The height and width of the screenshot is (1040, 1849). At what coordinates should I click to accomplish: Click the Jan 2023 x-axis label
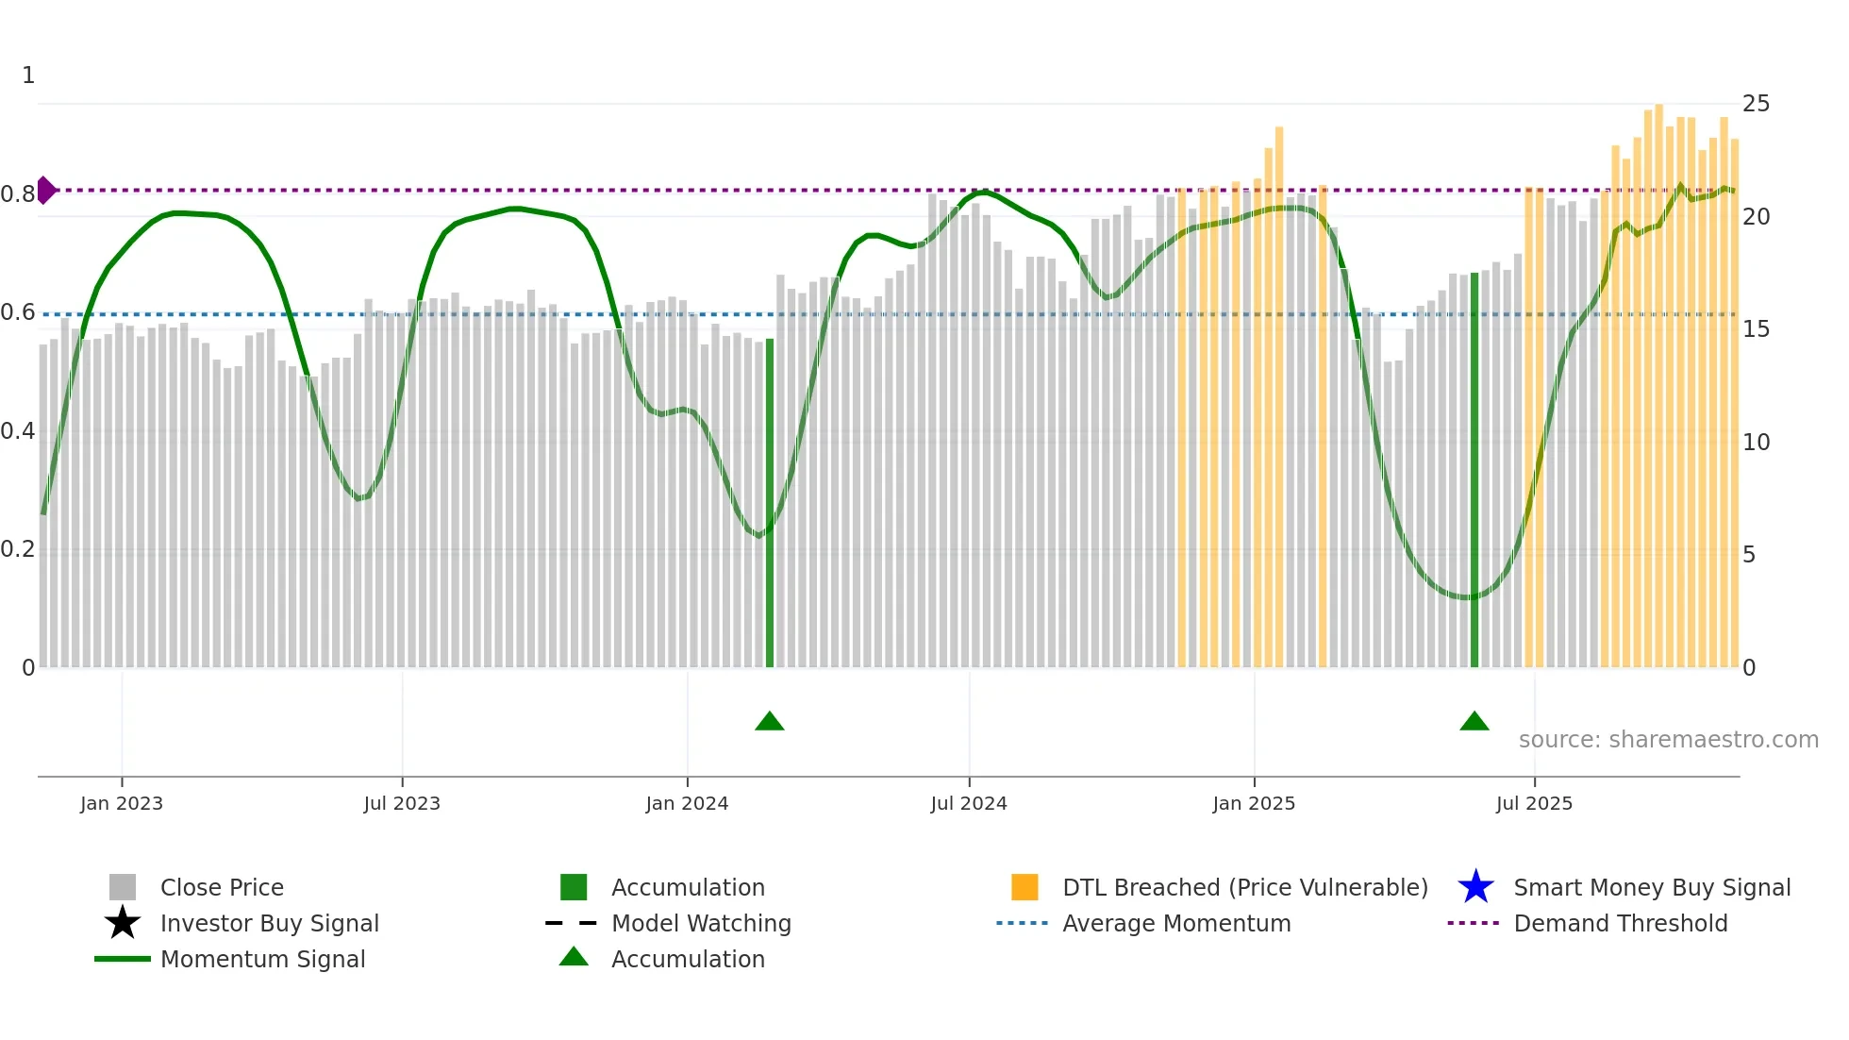pos(122,803)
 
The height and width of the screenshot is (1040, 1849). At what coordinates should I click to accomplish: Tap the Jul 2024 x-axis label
pos(969,803)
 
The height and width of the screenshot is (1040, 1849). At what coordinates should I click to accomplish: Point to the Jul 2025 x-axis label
pos(1534,803)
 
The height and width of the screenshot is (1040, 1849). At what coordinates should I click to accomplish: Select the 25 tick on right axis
pos(1756,104)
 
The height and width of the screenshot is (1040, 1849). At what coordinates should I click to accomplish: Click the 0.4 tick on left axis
pos(18,431)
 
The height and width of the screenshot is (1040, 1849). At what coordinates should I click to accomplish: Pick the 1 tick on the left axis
pos(28,75)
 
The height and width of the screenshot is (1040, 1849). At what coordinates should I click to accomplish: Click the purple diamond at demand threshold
pos(45,190)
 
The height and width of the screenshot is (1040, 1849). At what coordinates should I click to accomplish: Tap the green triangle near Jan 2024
pos(770,722)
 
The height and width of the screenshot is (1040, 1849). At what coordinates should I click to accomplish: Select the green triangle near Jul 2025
pos(1474,722)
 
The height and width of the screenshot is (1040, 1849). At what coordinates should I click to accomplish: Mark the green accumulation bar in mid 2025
pos(1474,472)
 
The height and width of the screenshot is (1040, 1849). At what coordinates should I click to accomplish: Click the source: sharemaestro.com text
pos(1668,740)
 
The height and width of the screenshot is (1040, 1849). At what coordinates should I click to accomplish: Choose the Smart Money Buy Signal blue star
pos(1475,887)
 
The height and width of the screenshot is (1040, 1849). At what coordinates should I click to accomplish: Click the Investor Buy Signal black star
pos(123,923)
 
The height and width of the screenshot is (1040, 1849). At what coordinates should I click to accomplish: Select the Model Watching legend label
pos(701,923)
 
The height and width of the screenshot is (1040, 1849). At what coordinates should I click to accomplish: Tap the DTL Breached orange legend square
pos(1024,887)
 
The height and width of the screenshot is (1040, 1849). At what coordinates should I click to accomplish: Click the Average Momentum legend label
pos(1176,923)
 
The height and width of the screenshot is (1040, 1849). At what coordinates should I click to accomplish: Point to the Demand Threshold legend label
pos(1620,923)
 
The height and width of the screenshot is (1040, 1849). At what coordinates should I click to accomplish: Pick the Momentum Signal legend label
pos(262,959)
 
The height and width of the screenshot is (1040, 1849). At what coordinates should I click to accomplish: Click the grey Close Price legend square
pos(123,887)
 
